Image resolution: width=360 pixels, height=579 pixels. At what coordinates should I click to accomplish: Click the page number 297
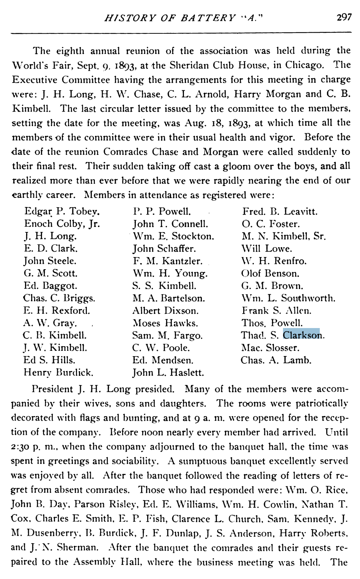tap(344, 17)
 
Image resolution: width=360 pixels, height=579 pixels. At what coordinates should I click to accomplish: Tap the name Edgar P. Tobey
tap(62, 211)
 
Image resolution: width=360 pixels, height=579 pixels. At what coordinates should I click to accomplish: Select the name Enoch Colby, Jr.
tap(62, 224)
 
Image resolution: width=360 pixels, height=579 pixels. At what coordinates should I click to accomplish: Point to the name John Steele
tap(50, 261)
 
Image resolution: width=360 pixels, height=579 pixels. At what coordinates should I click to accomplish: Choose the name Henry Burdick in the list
tap(58, 372)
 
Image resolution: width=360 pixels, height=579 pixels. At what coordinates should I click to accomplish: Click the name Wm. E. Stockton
tap(173, 236)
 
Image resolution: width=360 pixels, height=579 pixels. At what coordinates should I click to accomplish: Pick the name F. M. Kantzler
tap(167, 261)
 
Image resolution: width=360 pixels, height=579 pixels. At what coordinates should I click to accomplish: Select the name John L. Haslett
tap(168, 372)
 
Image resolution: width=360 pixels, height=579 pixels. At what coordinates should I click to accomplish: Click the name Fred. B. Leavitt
tap(280, 211)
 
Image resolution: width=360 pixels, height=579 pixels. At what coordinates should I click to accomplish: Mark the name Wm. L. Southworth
tap(288, 298)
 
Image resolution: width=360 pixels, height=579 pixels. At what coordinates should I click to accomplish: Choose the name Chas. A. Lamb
tap(276, 360)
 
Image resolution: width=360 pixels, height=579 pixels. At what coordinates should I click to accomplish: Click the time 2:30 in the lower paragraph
tap(22, 447)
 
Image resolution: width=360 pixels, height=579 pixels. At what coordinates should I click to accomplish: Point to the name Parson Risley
tap(106, 504)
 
